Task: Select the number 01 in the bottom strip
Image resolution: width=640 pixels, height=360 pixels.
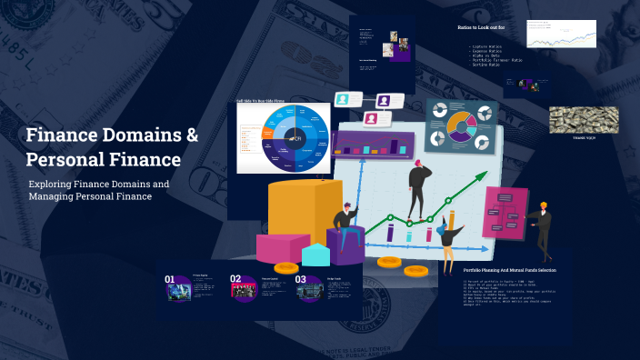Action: tap(170, 280)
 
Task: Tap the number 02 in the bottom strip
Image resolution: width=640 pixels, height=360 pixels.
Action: tap(235, 280)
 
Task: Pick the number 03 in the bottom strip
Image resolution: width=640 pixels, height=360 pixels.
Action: tap(301, 280)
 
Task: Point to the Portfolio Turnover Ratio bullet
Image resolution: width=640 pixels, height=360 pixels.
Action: tap(499, 60)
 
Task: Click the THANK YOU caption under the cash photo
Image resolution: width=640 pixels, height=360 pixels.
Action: tap(583, 138)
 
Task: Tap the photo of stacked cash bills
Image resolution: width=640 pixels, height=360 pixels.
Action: tap(583, 119)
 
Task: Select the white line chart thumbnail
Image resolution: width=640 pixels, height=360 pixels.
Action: tap(565, 35)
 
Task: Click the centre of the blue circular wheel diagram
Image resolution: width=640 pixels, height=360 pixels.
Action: tap(295, 137)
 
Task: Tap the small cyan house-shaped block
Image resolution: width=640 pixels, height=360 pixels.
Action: tap(315, 254)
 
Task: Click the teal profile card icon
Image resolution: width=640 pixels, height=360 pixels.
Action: tap(343, 99)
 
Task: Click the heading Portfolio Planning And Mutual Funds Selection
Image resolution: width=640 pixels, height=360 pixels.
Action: tap(509, 270)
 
